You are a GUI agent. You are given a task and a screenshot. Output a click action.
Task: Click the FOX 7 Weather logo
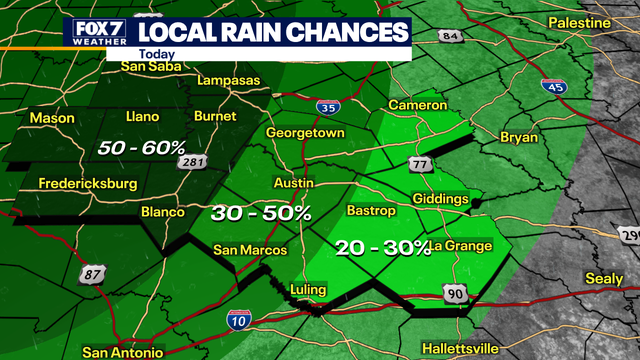[x=99, y=33]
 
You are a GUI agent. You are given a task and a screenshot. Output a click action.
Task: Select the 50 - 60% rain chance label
[x=142, y=148]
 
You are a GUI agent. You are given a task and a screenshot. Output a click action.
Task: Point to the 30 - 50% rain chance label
[x=261, y=212]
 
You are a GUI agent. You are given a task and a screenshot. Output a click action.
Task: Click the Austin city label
[x=293, y=183]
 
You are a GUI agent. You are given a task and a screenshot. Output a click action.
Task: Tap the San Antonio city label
[x=123, y=352]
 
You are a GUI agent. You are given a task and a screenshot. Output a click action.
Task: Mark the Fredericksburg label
[x=87, y=183]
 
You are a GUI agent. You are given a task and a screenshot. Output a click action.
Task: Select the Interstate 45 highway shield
[x=552, y=87]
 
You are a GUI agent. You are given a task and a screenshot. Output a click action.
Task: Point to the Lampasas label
[x=228, y=80]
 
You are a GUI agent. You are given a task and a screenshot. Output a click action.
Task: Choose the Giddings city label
[x=440, y=199]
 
